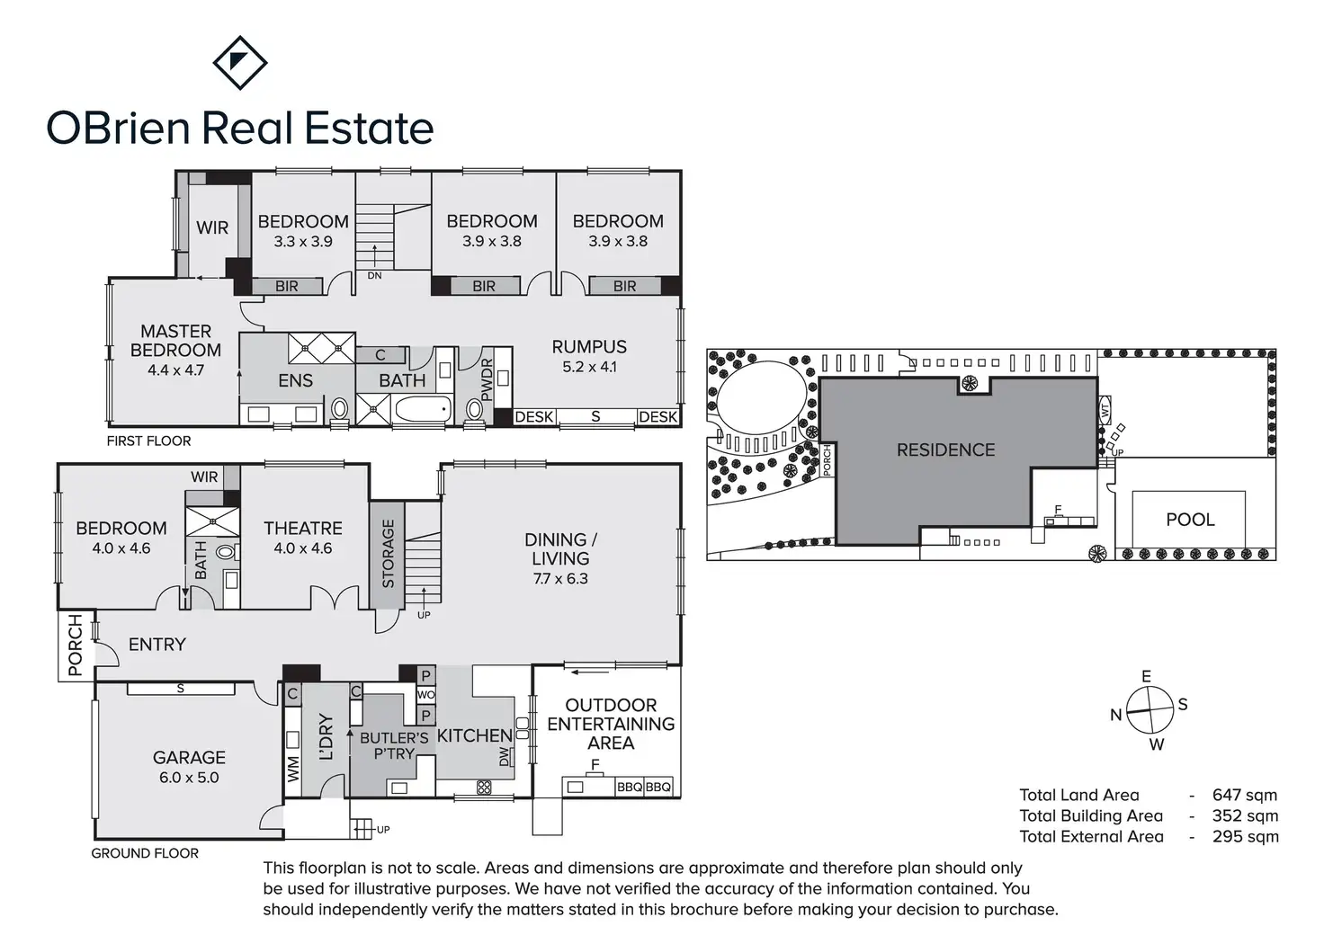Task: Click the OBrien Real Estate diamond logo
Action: point(239,62)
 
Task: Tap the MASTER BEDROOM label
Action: point(175,341)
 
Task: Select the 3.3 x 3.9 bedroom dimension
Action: point(303,242)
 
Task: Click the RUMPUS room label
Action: point(589,346)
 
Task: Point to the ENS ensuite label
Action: point(295,380)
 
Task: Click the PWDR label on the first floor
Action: point(487,379)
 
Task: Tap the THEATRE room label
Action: point(303,528)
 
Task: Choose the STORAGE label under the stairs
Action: point(389,554)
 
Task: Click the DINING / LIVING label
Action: point(560,548)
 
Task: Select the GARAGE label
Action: point(189,757)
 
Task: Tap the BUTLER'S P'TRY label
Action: point(394,745)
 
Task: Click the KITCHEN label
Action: point(474,735)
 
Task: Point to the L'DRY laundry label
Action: point(326,737)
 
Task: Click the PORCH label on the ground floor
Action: point(76,646)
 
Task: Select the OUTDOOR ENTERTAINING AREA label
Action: point(611,724)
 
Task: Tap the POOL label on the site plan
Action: point(1190,520)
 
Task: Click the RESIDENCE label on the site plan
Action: point(945,450)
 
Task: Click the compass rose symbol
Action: point(1150,710)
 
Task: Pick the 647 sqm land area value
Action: point(1244,795)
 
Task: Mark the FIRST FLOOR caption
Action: point(148,441)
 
